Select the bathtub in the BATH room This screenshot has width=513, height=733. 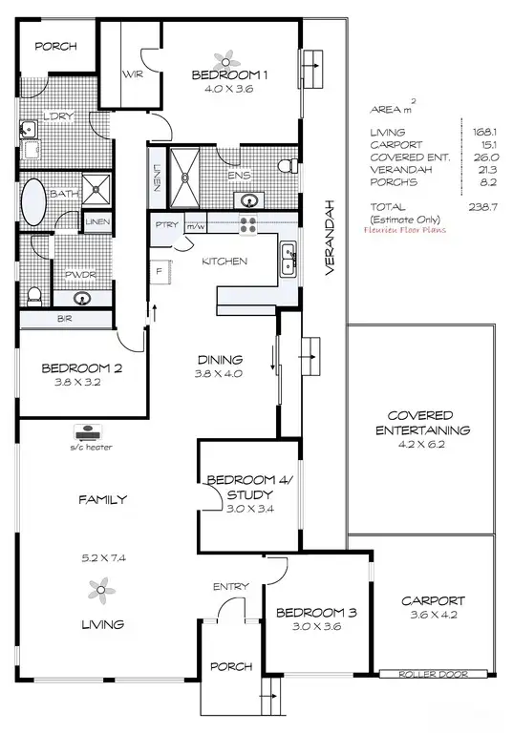coord(35,200)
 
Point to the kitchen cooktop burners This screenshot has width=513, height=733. coord(248,225)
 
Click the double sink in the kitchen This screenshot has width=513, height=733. coord(288,258)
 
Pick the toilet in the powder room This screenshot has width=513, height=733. coord(33,295)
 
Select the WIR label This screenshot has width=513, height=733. coord(132,74)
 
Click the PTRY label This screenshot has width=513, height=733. coord(165,226)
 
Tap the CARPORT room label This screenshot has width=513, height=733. coord(433,601)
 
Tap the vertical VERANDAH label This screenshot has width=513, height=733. coord(328,238)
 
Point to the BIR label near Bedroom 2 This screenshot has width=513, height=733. coord(66,318)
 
